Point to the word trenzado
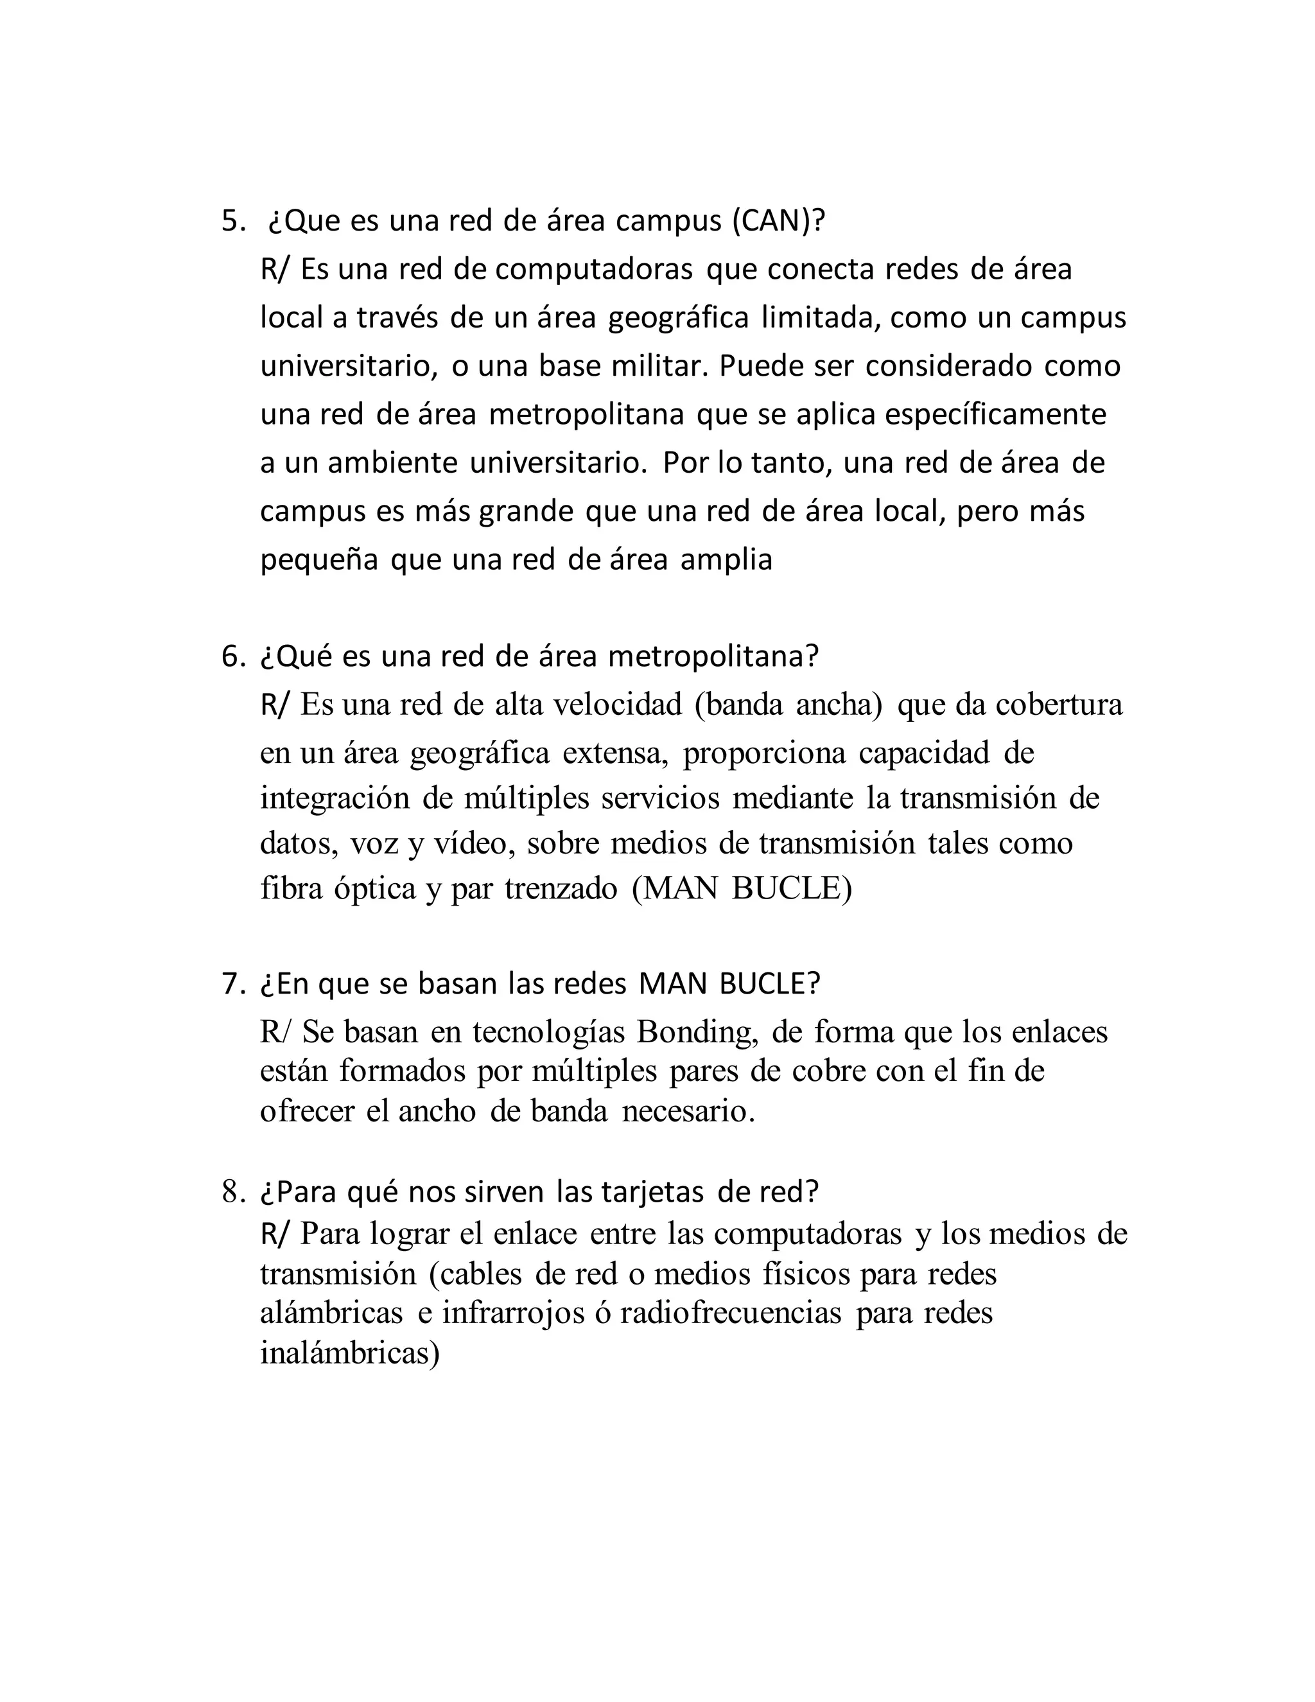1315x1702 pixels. point(561,888)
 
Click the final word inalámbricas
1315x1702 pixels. point(350,1354)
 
